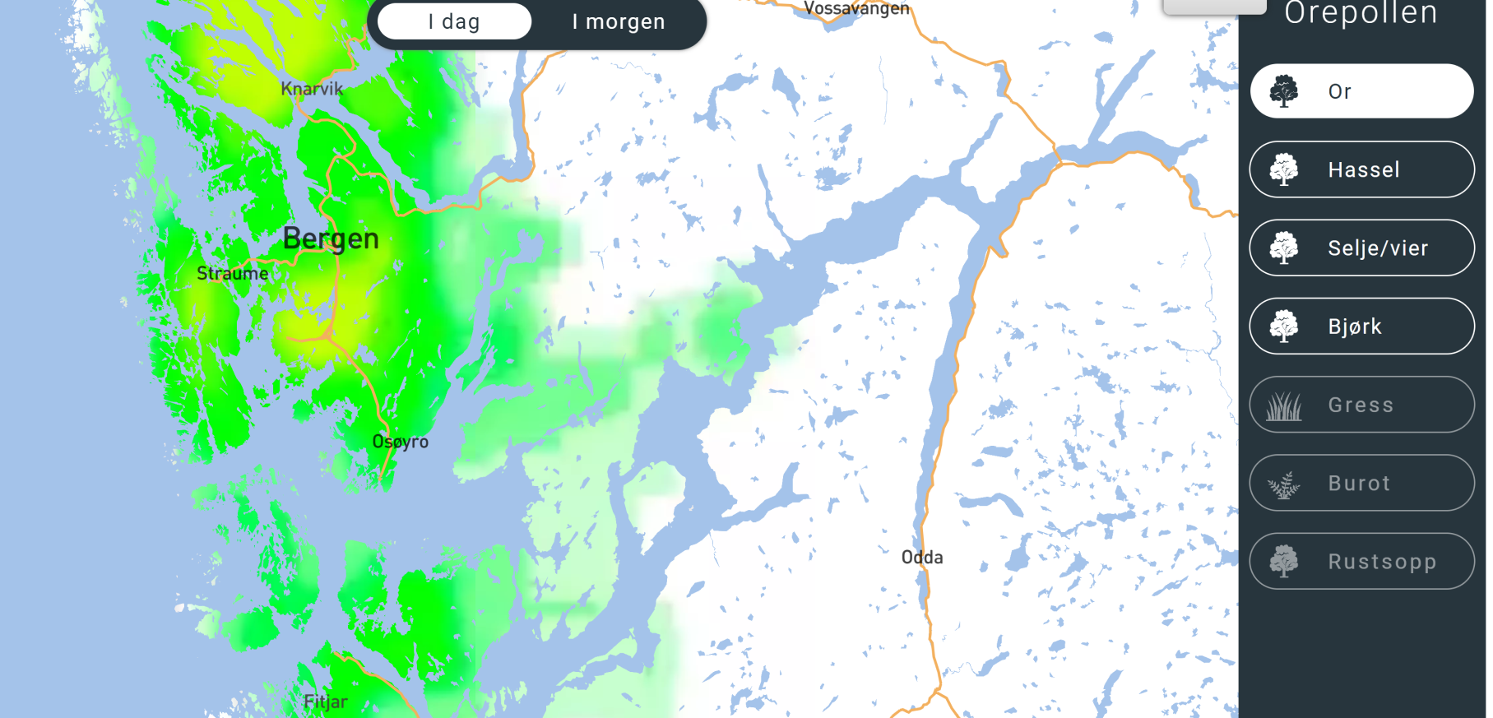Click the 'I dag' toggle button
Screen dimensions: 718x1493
[x=454, y=22]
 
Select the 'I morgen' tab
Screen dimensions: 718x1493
[x=619, y=22]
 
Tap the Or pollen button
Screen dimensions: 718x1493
[x=1361, y=91]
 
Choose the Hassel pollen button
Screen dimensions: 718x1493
[x=1361, y=169]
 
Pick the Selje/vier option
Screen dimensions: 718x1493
[x=1361, y=248]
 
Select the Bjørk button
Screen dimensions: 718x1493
[x=1361, y=327]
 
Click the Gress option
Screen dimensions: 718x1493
[x=1361, y=405]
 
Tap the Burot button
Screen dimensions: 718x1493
[x=1361, y=483]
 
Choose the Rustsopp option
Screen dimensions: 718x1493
[x=1361, y=562]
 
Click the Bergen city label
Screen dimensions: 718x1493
[x=331, y=239]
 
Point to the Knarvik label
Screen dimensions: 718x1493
[x=312, y=89]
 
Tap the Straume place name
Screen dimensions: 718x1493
[x=232, y=273]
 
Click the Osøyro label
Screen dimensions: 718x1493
[x=401, y=442]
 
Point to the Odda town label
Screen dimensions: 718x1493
[x=922, y=558]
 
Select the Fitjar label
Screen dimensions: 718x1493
[x=326, y=702]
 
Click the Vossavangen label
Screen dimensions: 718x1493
[x=856, y=9]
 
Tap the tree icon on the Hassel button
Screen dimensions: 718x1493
[x=1284, y=170]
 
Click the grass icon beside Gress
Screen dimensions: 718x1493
[x=1284, y=405]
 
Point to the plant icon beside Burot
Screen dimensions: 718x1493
[x=1284, y=484]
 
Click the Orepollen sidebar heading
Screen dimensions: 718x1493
[x=1361, y=13]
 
